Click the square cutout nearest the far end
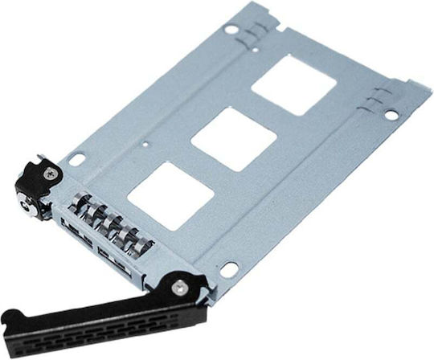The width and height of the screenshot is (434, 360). (x=293, y=84)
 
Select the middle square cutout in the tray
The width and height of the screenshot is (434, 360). (x=233, y=137)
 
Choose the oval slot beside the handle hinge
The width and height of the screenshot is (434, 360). (x=228, y=270)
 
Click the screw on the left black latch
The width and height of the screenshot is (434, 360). (x=52, y=171)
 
